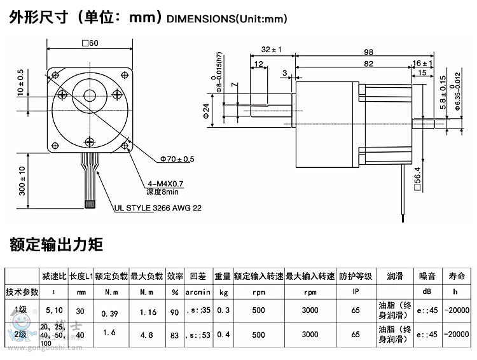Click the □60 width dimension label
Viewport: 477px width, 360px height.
tap(90, 43)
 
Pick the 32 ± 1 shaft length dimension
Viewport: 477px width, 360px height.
tap(271, 49)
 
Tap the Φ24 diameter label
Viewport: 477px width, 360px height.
tap(206, 113)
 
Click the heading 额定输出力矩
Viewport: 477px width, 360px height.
tap(56, 245)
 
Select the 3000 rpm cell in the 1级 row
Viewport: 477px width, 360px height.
tap(310, 311)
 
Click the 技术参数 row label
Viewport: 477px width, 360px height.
tap(22, 291)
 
